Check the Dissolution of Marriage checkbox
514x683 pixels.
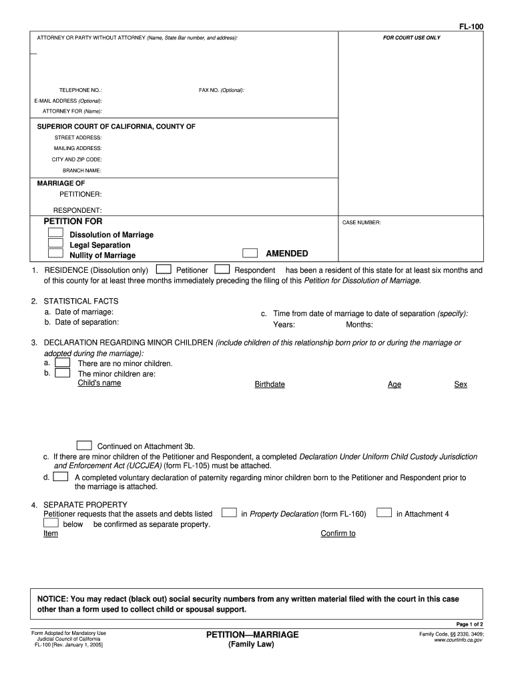click(55, 233)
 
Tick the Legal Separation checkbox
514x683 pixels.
click(55, 243)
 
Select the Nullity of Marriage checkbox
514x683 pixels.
click(55, 254)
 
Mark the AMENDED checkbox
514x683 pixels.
click(250, 253)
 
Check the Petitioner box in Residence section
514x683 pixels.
click(162, 269)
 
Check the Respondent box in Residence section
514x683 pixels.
click(223, 269)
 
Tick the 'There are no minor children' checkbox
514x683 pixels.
click(63, 363)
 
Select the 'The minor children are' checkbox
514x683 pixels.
click(63, 374)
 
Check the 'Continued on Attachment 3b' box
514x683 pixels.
click(84, 446)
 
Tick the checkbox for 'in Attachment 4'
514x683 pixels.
click(384, 513)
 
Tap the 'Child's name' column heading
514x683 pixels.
click(99, 384)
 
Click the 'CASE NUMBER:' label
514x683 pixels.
click(361, 223)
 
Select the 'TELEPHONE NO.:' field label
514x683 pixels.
click(81, 90)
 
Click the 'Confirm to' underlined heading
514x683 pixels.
click(338, 534)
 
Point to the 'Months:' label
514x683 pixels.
click(359, 325)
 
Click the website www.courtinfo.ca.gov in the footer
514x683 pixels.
click(458, 640)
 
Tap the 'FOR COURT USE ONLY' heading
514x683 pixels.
click(411, 38)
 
